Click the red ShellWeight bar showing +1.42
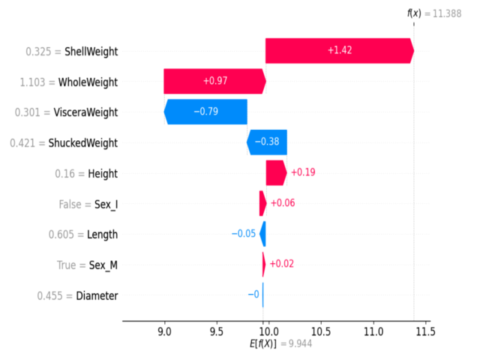pos(339,51)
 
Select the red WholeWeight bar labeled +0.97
pos(214,82)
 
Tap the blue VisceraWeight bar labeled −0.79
pos(206,112)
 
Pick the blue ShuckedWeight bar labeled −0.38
pos(267,142)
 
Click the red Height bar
pos(275,173)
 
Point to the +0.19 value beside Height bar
pos(304,173)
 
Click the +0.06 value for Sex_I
pos(282,203)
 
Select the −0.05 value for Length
pos(244,234)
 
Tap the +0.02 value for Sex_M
pos(281,265)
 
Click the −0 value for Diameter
pos(253,295)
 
